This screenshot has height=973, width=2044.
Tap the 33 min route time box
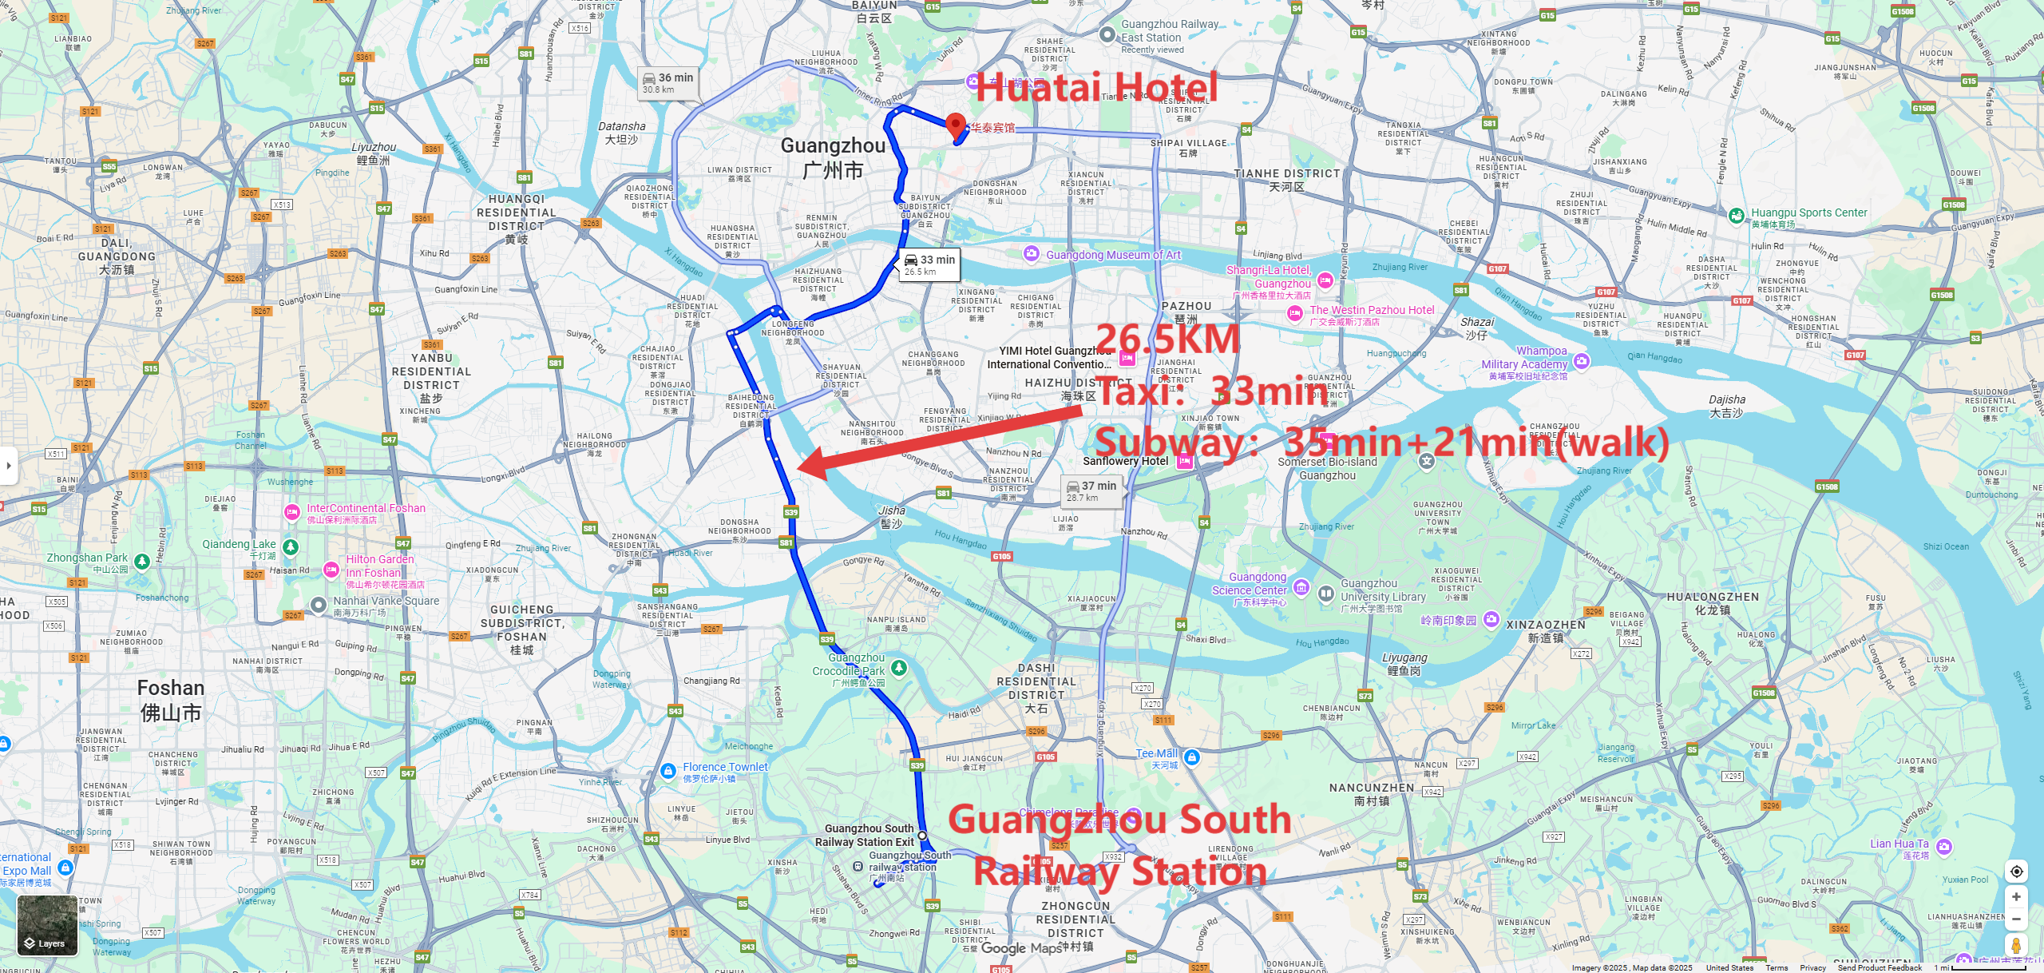pyautogui.click(x=929, y=264)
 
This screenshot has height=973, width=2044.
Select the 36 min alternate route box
pyautogui.click(x=669, y=82)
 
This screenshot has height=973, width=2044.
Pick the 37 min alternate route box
pyautogui.click(x=1091, y=490)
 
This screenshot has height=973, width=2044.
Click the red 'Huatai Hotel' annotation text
pyautogui.click(x=1096, y=87)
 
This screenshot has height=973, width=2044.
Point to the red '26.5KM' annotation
pyautogui.click(x=1167, y=339)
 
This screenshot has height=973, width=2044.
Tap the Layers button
pyautogui.click(x=47, y=925)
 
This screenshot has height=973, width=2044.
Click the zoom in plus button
pyautogui.click(x=2016, y=897)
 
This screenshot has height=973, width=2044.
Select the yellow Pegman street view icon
pyautogui.click(x=2016, y=946)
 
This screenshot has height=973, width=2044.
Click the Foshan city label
pyautogui.click(x=171, y=700)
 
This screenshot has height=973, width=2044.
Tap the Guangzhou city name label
pyautogui.click(x=833, y=157)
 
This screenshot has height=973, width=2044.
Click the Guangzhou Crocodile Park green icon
pyautogui.click(x=899, y=667)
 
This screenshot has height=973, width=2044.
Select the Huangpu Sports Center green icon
pyautogui.click(x=1736, y=216)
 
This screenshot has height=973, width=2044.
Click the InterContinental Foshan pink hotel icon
pyautogui.click(x=292, y=512)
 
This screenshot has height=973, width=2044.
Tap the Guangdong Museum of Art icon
pyautogui.click(x=1032, y=254)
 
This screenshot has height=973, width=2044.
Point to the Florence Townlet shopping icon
pyautogui.click(x=668, y=771)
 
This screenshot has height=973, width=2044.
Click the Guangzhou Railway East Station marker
pyautogui.click(x=1107, y=34)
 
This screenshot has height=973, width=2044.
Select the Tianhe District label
pyautogui.click(x=1286, y=180)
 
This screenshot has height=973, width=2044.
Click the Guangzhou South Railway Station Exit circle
pyautogui.click(x=922, y=836)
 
